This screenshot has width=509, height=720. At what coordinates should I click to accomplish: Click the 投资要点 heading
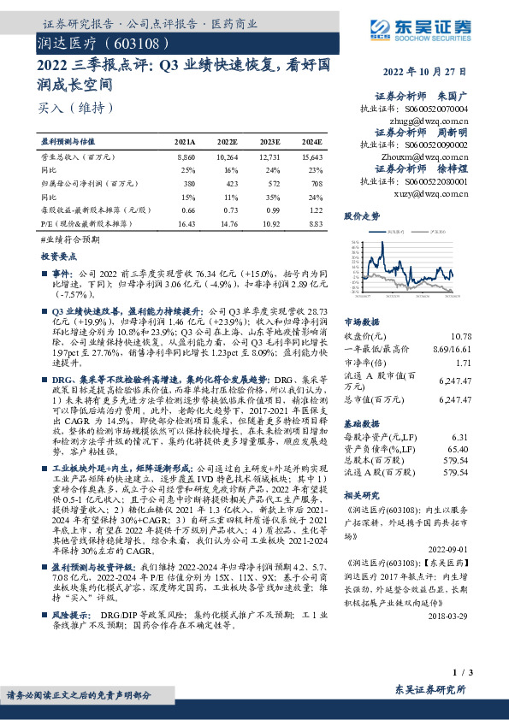[58, 256]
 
